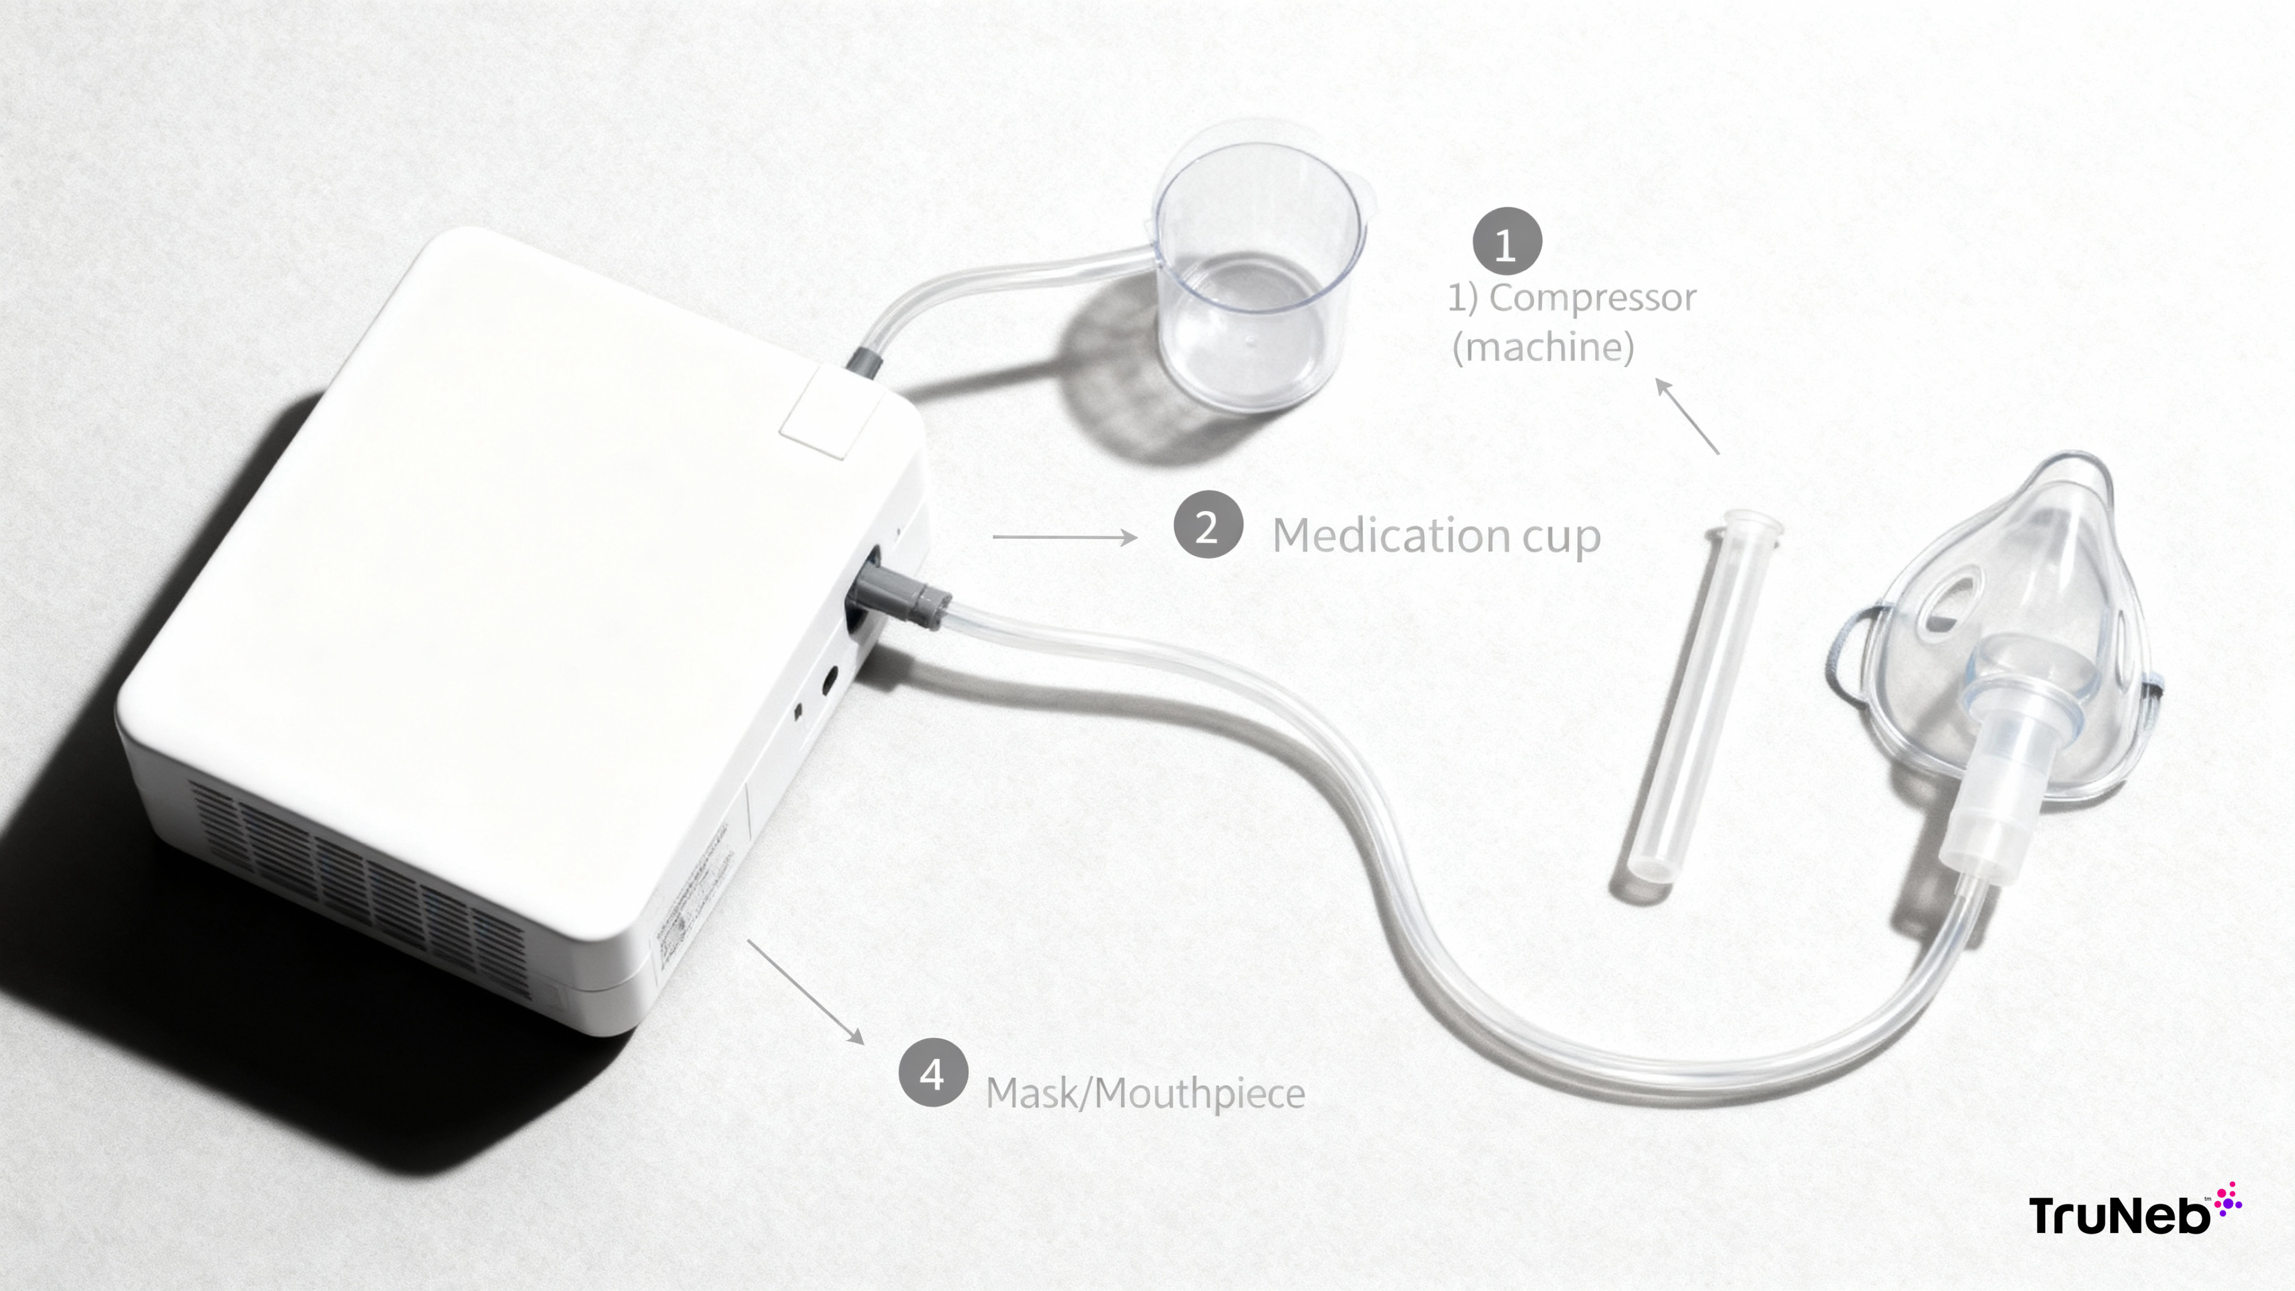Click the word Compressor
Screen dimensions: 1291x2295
pos(1593,298)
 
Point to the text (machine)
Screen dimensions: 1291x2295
pos(1543,347)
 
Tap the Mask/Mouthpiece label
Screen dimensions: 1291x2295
pos(1145,1093)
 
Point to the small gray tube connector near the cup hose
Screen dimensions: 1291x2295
pos(863,362)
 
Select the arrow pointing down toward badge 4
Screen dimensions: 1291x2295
pos(806,991)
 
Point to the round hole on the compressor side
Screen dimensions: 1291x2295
pos(828,681)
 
